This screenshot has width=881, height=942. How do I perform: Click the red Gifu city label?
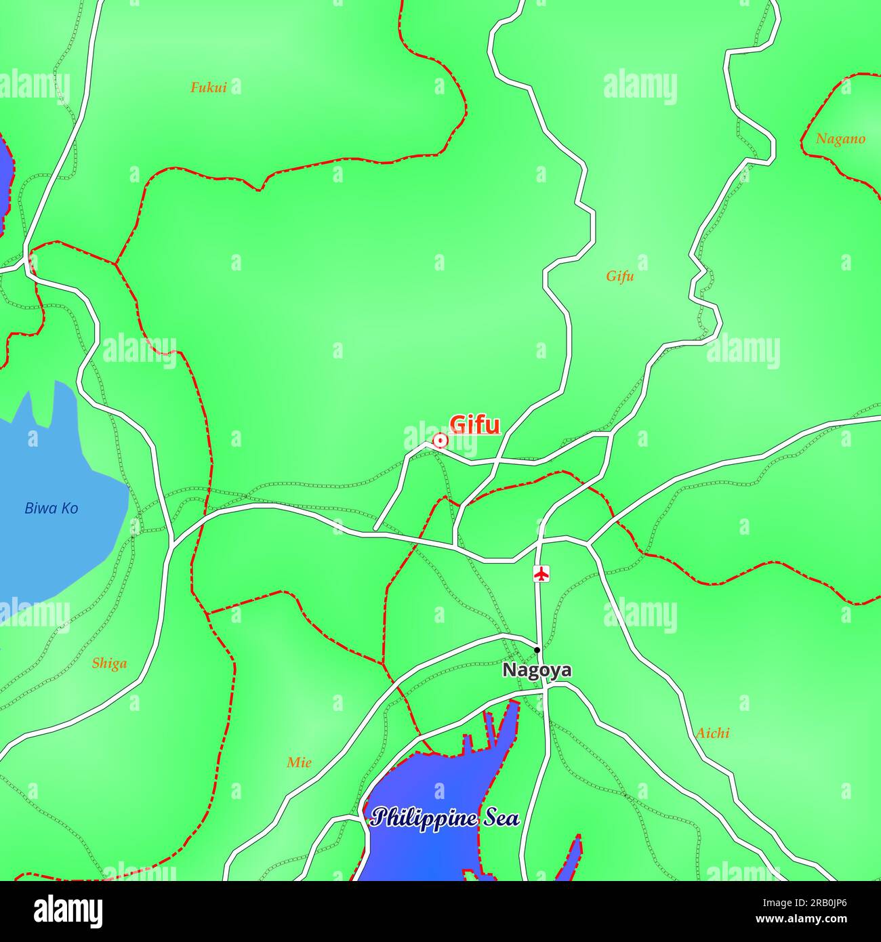pos(474,425)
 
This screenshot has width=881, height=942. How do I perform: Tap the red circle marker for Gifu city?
pos(440,441)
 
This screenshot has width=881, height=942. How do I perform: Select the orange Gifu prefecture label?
pos(620,276)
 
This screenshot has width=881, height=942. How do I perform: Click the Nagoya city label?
pos(537,670)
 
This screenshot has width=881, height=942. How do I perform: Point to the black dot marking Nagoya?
pos(537,650)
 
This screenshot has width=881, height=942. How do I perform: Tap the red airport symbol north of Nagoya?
pos(541,573)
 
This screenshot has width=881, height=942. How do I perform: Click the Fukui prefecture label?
pos(208,87)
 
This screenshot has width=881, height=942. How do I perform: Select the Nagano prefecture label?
pos(840,139)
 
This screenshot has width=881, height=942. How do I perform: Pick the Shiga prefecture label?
pos(109,663)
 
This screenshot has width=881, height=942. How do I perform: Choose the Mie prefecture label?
pos(299,762)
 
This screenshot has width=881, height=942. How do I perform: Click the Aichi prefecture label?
pos(713,733)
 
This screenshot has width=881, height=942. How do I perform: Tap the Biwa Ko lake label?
pos(52,508)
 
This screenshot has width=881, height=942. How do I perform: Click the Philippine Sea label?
pos(445,818)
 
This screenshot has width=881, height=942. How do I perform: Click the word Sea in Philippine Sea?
pos(501,818)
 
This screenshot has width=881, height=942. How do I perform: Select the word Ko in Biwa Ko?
pos(69,508)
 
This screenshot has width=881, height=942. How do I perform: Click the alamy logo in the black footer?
pos(68,912)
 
